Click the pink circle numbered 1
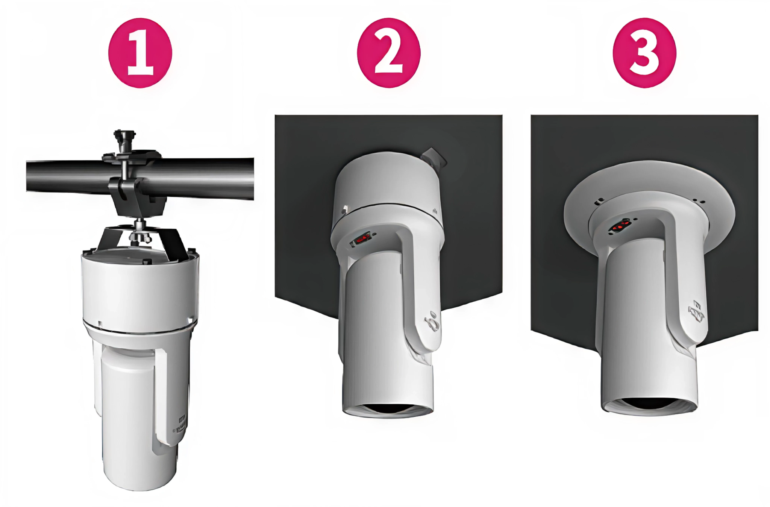140,53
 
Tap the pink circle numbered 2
389,53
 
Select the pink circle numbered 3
644,53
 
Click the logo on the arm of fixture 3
696,312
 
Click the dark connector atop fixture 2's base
433,158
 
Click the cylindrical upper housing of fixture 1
140,286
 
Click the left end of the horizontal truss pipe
27,176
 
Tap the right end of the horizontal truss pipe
253,179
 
